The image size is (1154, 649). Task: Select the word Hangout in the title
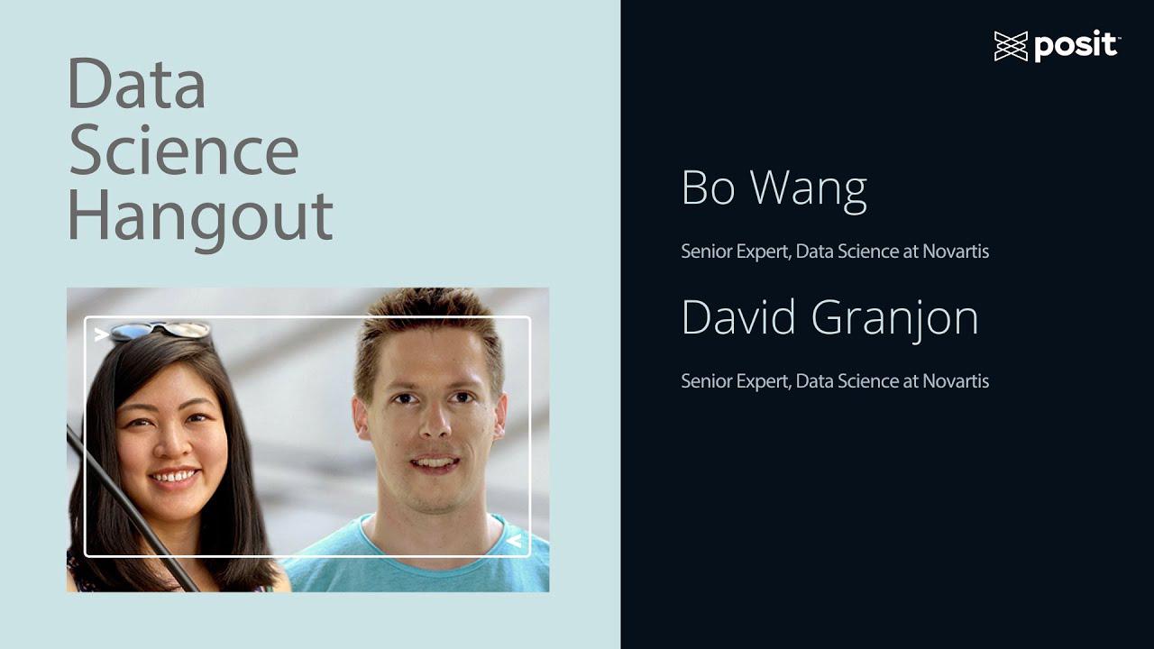200,216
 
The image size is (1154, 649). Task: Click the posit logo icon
1011,46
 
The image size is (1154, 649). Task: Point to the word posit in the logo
1076,46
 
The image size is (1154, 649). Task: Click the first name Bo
708,187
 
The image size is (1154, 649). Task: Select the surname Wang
809,189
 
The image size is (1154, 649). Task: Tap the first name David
739,317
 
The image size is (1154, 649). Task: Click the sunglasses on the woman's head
162,331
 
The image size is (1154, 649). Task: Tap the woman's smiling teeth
174,475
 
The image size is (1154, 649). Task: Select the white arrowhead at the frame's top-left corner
102,334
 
